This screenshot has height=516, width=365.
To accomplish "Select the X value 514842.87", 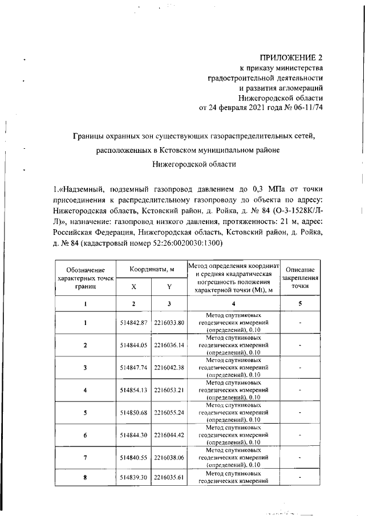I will (x=133, y=323).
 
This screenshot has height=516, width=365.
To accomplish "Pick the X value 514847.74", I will (x=133, y=368).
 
